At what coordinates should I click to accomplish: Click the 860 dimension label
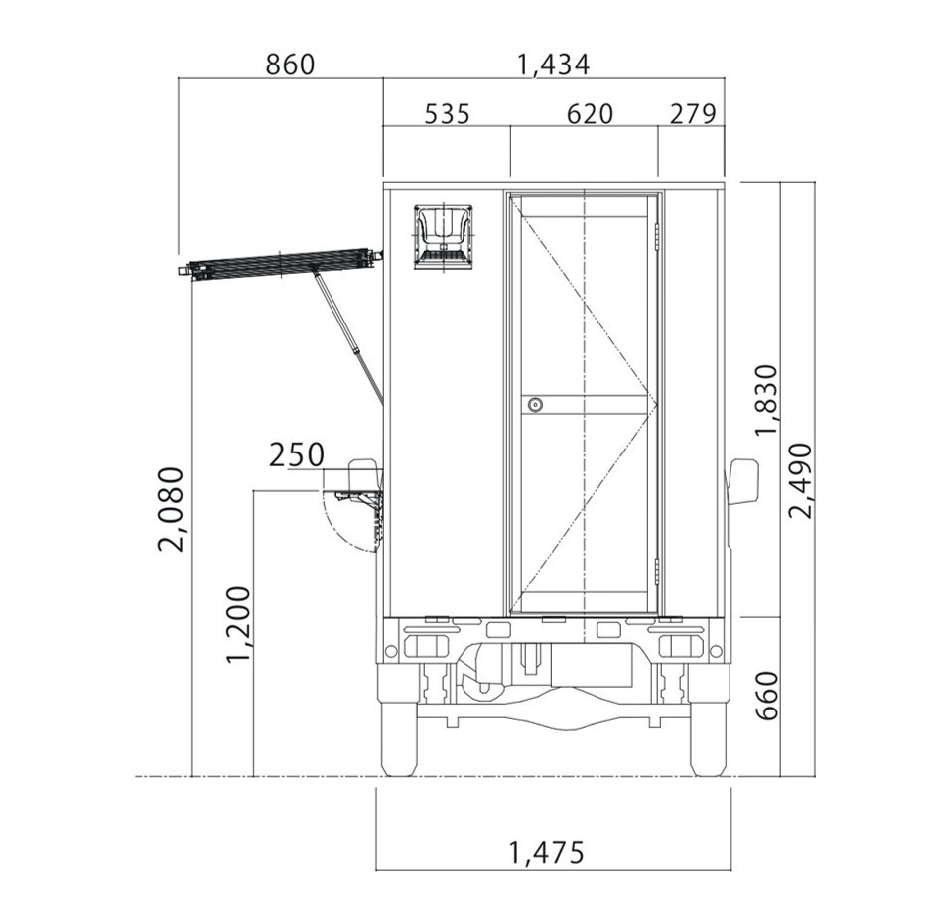click(290, 64)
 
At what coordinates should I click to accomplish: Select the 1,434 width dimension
click(554, 64)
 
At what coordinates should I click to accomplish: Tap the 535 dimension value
click(448, 114)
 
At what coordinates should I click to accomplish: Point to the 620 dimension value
click(590, 114)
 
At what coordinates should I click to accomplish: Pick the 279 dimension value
click(693, 114)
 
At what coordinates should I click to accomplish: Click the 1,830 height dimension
click(766, 400)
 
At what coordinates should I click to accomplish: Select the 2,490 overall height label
click(801, 480)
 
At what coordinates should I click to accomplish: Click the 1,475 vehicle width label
click(547, 853)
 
